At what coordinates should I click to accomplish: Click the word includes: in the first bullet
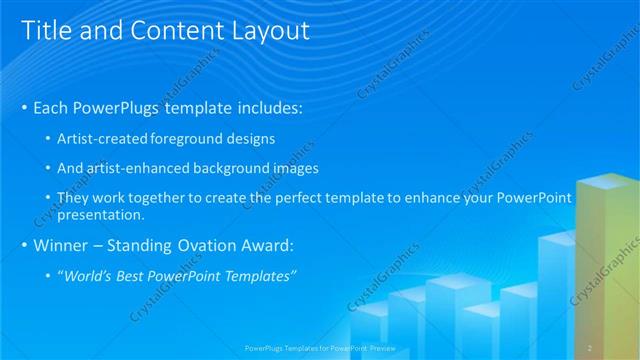click(x=267, y=106)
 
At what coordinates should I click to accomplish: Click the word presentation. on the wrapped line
click(x=101, y=214)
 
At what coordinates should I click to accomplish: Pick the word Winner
click(x=66, y=245)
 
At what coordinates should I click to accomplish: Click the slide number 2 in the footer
click(x=590, y=347)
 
